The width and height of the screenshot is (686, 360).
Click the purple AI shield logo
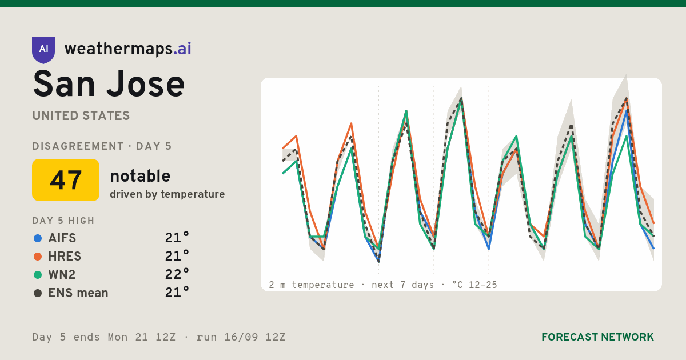point(43,50)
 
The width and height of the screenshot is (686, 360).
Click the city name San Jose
point(109,84)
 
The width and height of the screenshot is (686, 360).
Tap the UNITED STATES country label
point(81,116)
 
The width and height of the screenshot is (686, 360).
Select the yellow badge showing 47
point(66,180)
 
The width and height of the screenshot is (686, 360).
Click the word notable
point(140,176)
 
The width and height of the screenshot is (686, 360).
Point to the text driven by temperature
point(167,194)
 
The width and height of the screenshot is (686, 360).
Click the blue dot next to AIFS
point(38,238)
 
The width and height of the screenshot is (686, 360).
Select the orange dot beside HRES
point(38,257)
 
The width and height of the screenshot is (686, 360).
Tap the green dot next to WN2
point(38,275)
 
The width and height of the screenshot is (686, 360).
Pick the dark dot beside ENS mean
point(38,293)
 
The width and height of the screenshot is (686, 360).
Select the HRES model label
point(65,257)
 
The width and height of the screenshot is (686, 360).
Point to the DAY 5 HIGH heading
point(63,221)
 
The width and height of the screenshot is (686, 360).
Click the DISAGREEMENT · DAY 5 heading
point(102,146)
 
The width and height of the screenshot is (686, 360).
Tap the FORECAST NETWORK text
point(597,337)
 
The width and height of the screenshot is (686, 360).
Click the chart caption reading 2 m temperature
point(312,285)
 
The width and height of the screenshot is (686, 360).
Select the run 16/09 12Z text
point(241,337)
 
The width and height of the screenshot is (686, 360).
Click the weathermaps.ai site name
point(127,49)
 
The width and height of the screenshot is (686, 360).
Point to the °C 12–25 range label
point(474,285)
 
